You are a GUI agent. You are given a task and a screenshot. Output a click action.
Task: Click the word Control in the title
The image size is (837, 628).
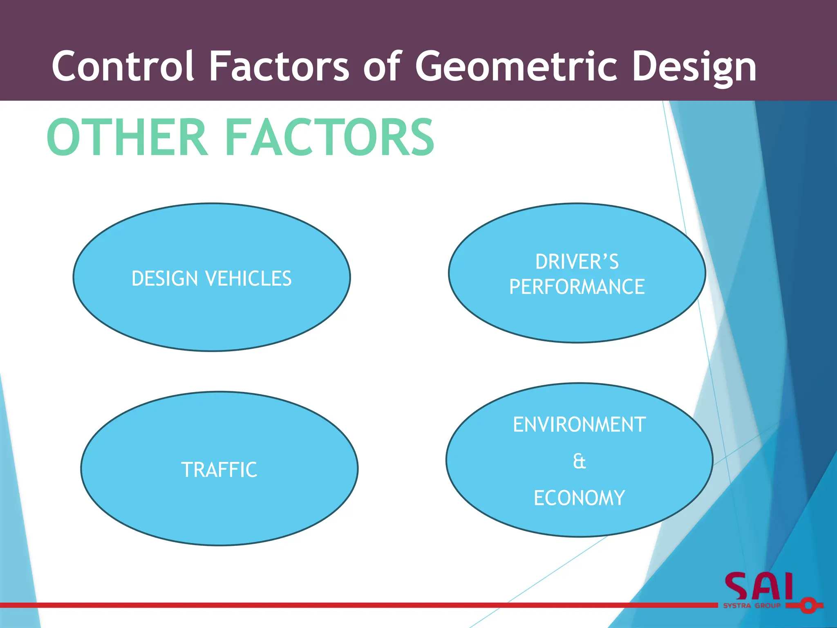coord(123,66)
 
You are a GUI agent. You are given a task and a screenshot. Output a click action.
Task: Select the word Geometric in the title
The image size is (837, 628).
coord(516,66)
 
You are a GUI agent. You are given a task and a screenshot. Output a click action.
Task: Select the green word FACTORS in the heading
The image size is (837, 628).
coord(329,137)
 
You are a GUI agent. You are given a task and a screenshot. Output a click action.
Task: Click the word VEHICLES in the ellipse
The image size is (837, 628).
coord(248,278)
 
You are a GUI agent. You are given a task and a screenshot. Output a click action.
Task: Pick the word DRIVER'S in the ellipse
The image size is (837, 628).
coord(577,262)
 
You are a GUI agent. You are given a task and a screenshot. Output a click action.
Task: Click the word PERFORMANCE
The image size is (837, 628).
coord(577,287)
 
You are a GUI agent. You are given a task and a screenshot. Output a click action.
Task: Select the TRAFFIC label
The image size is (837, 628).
coord(219,469)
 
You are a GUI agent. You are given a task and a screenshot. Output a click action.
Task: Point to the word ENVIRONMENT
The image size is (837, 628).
coord(579,424)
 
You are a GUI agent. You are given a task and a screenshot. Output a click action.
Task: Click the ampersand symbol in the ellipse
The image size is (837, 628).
coord(579,461)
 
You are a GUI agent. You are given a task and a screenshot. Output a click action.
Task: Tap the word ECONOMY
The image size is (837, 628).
coord(579,498)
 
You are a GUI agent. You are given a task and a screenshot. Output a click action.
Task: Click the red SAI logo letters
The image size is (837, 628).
coord(759,587)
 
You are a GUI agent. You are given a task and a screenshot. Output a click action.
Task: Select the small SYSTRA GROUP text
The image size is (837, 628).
coord(752,606)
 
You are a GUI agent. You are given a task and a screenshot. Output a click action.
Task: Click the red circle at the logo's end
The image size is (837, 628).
coord(808,605)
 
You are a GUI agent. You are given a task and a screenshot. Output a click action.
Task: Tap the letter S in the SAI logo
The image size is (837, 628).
coord(738,587)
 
